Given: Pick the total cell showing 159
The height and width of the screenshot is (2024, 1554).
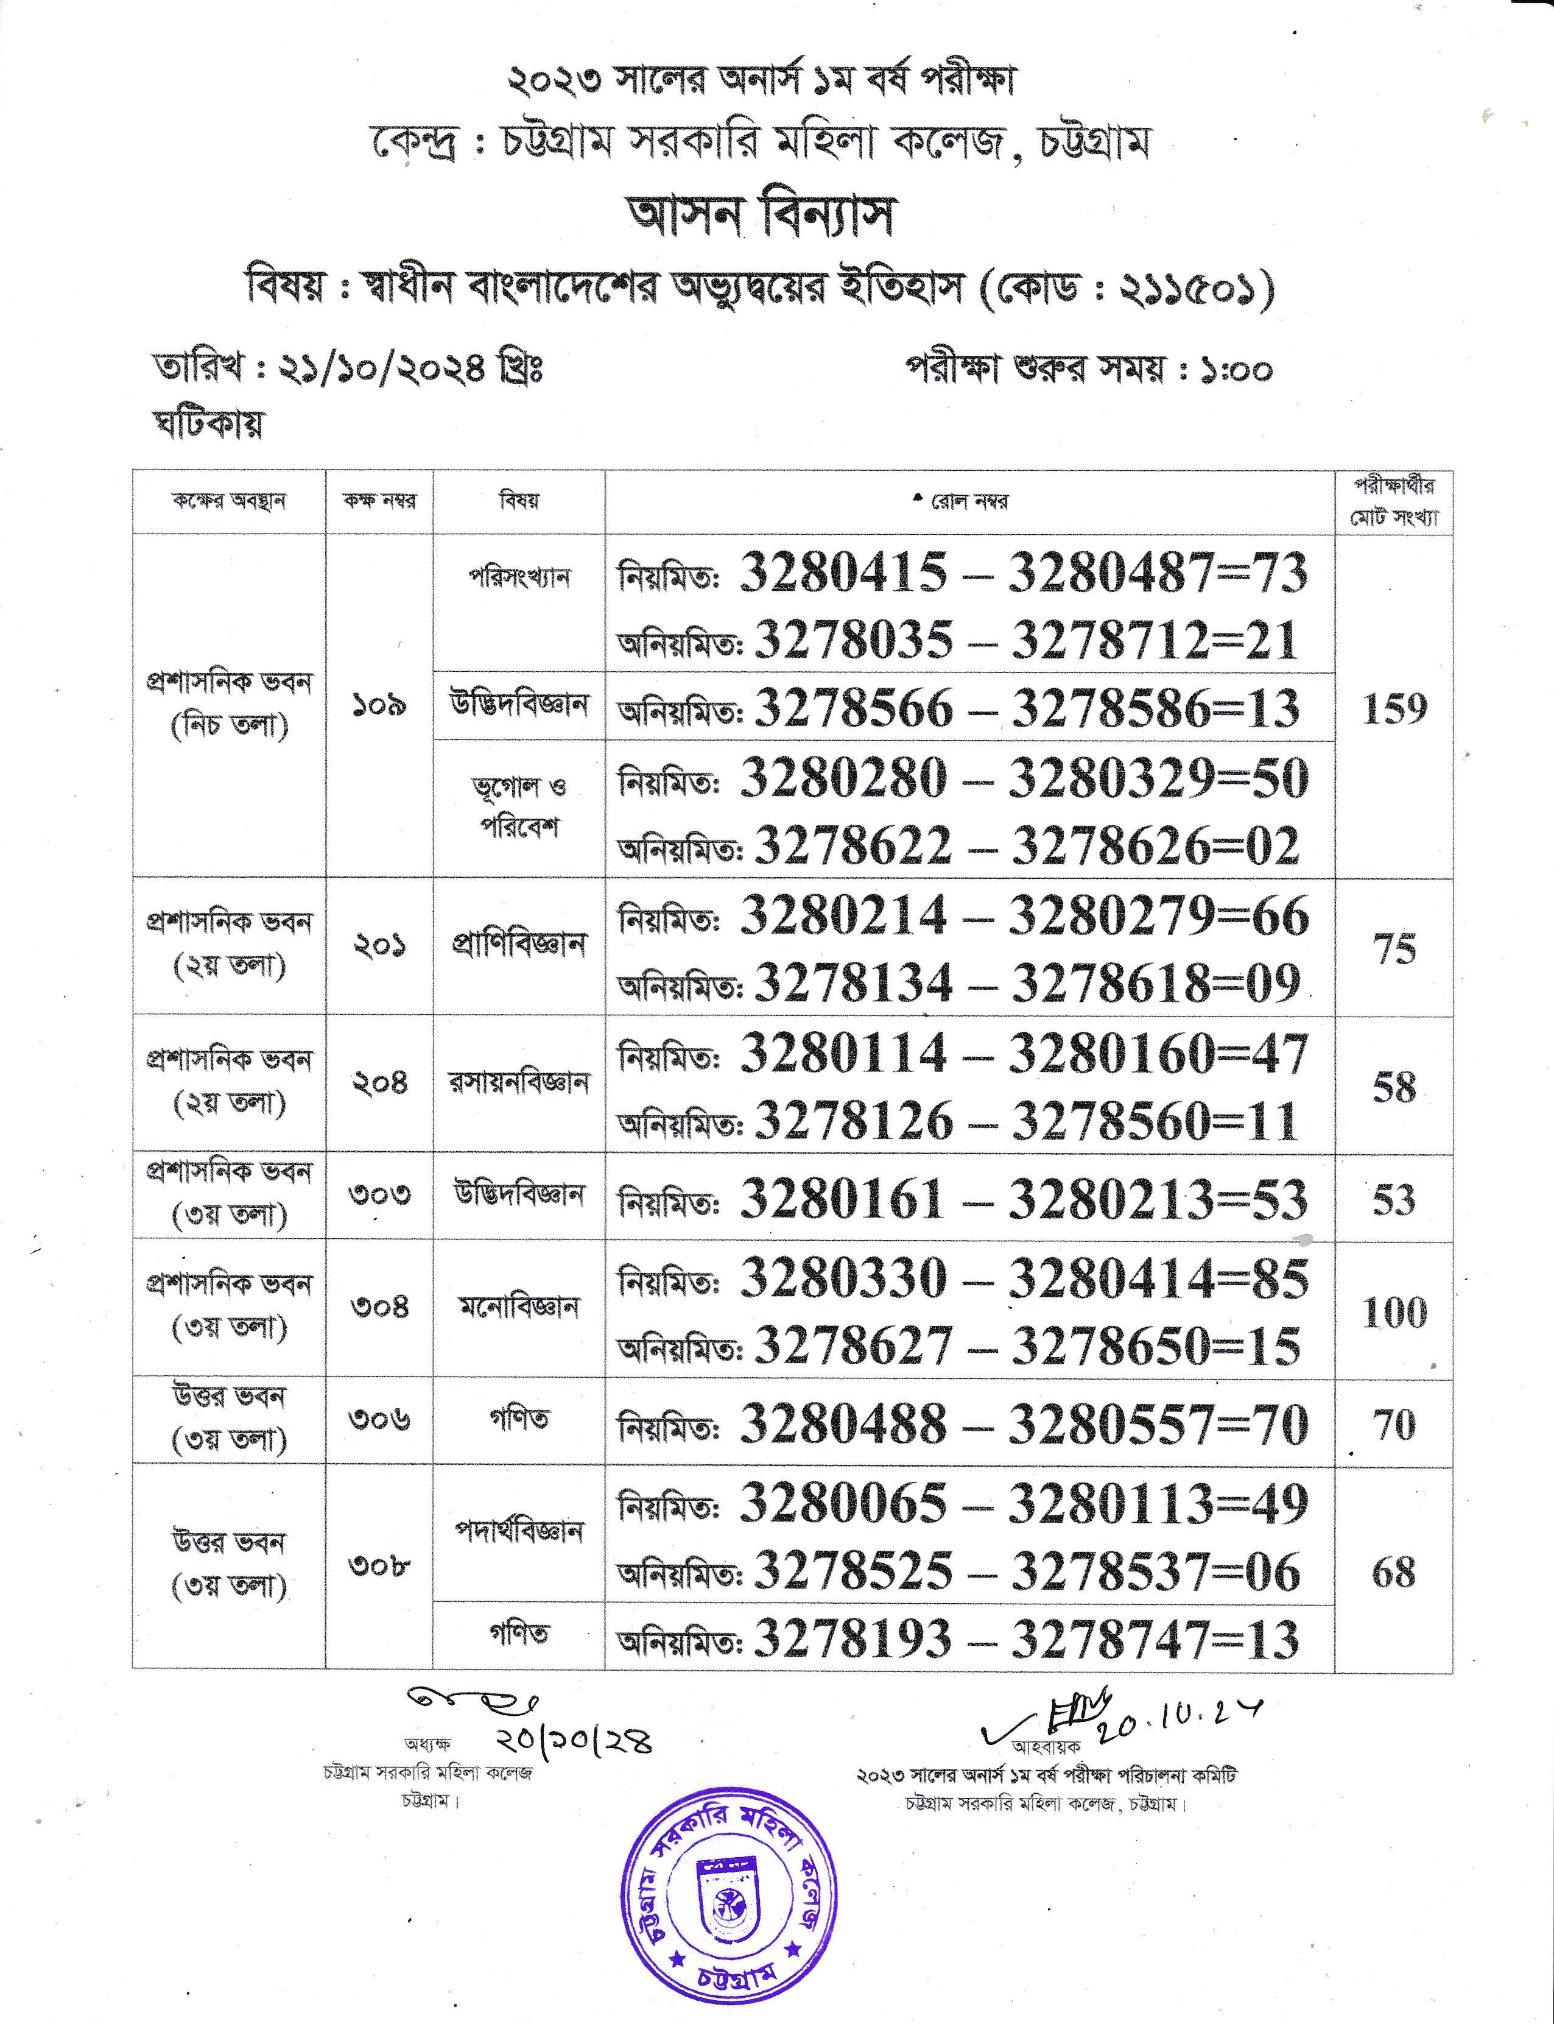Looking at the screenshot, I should click(1394, 708).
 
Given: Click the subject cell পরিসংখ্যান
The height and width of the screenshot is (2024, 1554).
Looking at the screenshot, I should click(519, 578).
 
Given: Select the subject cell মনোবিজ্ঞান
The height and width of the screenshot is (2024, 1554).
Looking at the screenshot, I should click(519, 1307).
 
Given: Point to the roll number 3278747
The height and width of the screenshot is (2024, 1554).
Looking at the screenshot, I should click(1110, 1639).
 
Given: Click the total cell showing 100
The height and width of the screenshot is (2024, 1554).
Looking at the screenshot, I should click(1394, 1312).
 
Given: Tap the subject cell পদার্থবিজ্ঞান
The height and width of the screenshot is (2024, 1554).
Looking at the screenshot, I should click(519, 1531).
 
